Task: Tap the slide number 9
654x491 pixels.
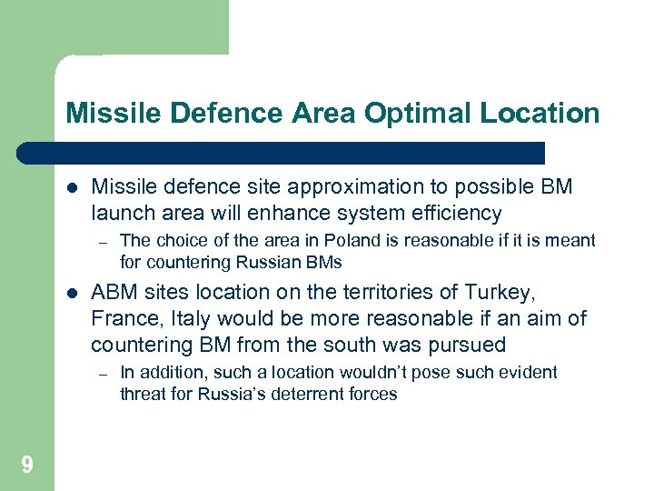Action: [x=27, y=466]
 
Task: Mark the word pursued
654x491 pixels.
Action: [x=471, y=346]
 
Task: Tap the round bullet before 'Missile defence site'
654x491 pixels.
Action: [x=72, y=188]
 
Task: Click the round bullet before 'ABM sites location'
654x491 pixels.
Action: [x=72, y=294]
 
